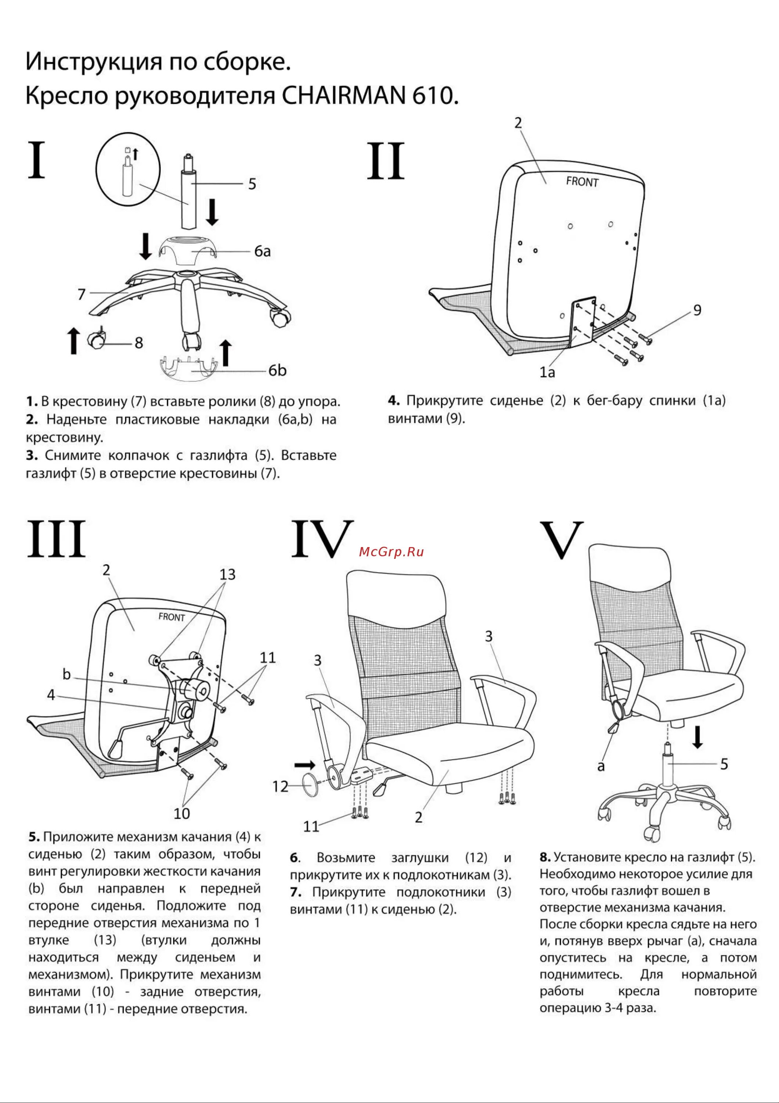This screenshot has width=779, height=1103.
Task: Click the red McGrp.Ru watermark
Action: (391, 551)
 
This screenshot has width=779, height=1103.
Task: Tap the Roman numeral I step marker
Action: (36, 160)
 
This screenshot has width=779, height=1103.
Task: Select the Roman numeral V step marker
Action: (562, 540)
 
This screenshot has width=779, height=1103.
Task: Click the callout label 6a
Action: (262, 251)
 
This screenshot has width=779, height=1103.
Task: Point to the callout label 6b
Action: (277, 370)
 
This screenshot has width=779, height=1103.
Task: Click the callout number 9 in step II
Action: (697, 310)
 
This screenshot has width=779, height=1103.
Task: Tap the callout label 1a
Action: (547, 372)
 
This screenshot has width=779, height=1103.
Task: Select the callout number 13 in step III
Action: (227, 575)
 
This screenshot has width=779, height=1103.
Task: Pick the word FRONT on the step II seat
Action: (582, 182)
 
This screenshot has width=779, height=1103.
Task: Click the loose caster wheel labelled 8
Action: (96, 340)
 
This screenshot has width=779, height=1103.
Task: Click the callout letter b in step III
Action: (67, 674)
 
